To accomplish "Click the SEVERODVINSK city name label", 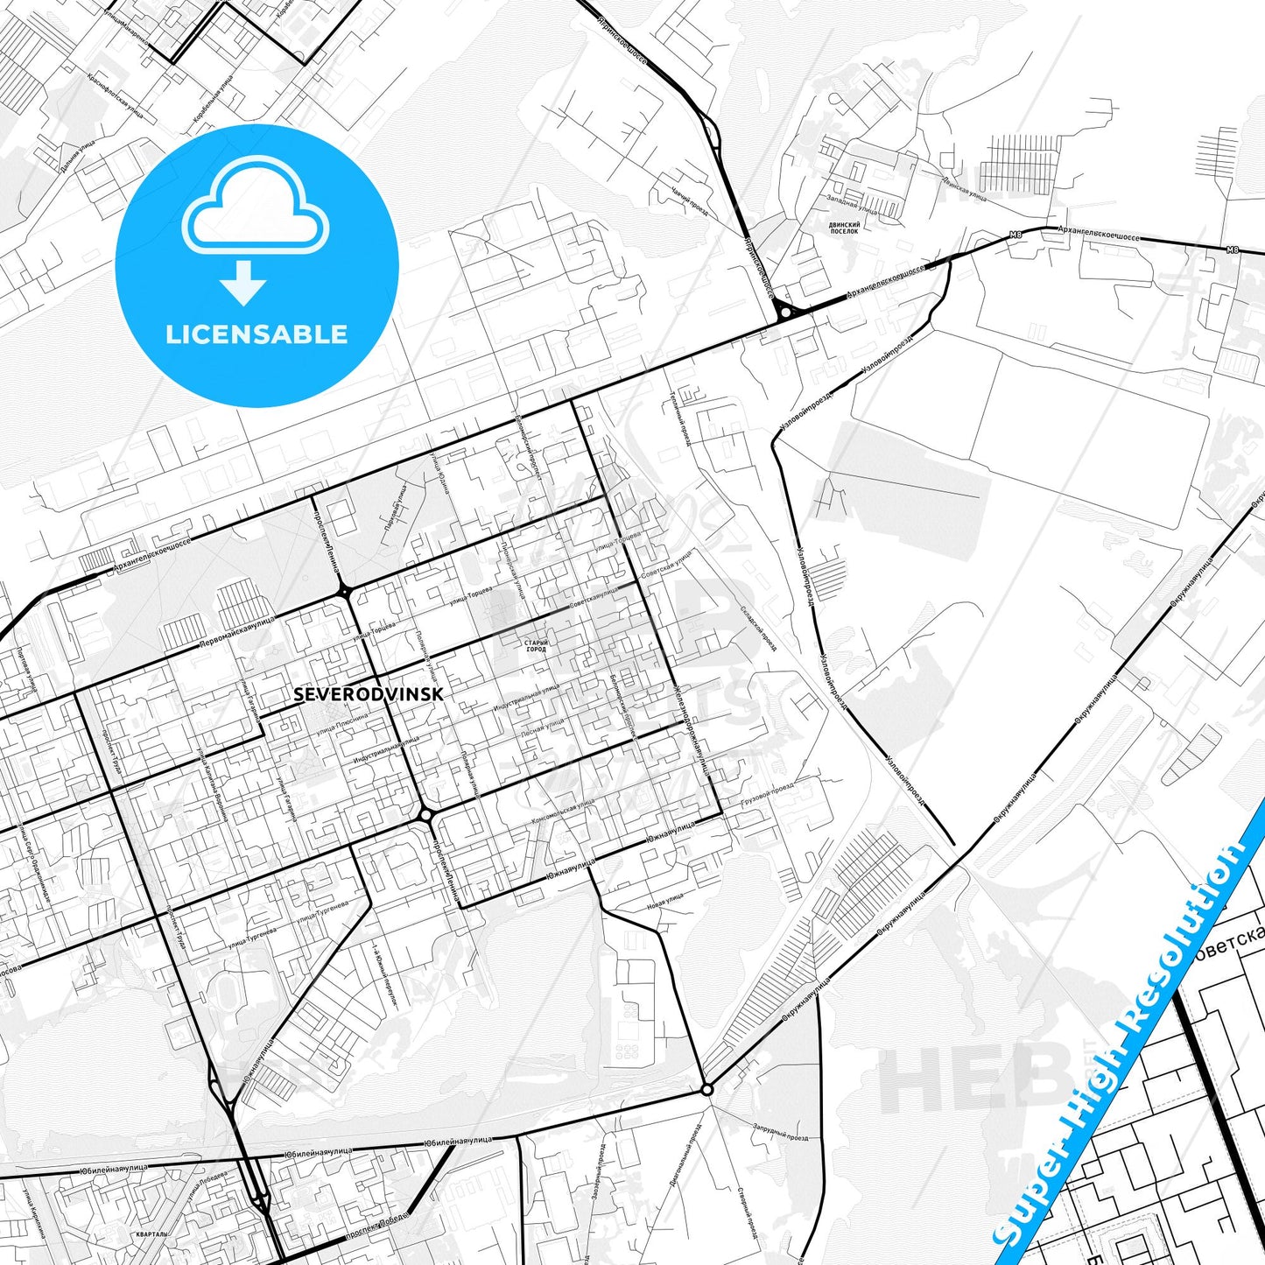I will point(369,694).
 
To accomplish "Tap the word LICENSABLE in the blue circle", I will point(257,334).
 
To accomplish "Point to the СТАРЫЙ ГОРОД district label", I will point(536,646).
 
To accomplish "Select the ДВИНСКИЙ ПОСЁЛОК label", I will point(844,228).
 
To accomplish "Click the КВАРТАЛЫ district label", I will point(151,1234).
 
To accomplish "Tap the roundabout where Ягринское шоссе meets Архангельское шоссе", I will point(785,311).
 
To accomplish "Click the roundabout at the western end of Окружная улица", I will point(706,1089).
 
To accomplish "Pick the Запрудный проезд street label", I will point(779,1132).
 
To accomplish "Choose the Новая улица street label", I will point(664,900).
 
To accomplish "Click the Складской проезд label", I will point(758,629).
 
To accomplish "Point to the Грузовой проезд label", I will point(767,792).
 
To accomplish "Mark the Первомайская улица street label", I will point(237,631).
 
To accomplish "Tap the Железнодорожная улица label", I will point(692,728).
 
